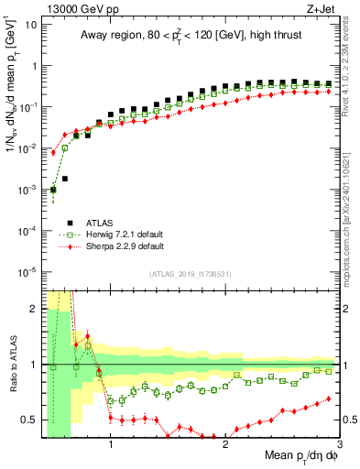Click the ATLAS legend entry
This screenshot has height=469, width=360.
pyautogui.click(x=98, y=222)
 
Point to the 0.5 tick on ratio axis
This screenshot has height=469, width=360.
pyautogui.click(x=31, y=420)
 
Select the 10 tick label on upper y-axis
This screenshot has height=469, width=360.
pyautogui.click(x=30, y=24)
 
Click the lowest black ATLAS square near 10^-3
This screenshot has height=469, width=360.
pyautogui.click(x=53, y=190)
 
